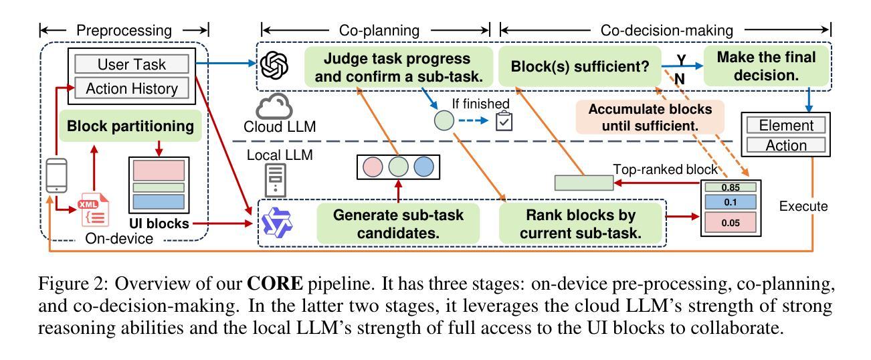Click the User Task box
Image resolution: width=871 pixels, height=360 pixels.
tap(132, 65)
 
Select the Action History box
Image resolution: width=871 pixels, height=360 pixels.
tap(132, 88)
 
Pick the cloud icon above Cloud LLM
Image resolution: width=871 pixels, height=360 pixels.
tap(273, 106)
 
